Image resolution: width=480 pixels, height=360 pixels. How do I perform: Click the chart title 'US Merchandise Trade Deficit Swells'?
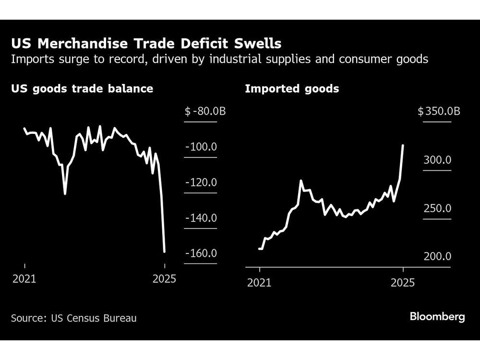coord(146,44)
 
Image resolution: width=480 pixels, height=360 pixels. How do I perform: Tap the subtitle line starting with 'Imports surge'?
coord(219,60)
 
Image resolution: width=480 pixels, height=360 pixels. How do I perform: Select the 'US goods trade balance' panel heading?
coord(82,89)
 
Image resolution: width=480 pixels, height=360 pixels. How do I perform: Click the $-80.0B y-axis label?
coord(205,112)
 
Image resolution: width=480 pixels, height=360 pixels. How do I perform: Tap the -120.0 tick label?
coord(201,182)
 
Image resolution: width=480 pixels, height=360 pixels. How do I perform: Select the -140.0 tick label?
coord(201,218)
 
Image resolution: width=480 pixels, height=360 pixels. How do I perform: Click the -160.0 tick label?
coord(201,253)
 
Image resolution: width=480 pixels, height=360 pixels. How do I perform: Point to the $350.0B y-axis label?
coord(439,112)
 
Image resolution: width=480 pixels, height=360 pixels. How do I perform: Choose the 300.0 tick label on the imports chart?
coord(437,160)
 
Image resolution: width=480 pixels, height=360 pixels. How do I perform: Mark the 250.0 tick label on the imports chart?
coord(437,209)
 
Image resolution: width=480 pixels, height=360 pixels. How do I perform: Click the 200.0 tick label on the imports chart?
coord(437,257)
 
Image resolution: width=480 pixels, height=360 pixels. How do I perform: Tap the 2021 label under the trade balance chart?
coord(24,279)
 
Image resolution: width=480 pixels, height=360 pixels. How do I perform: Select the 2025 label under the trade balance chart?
coord(164,279)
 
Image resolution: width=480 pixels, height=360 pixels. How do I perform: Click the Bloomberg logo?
coord(437,317)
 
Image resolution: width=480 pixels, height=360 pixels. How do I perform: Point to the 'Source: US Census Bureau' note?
coord(74,318)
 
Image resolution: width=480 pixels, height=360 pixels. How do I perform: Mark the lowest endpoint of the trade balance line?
coord(164,251)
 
